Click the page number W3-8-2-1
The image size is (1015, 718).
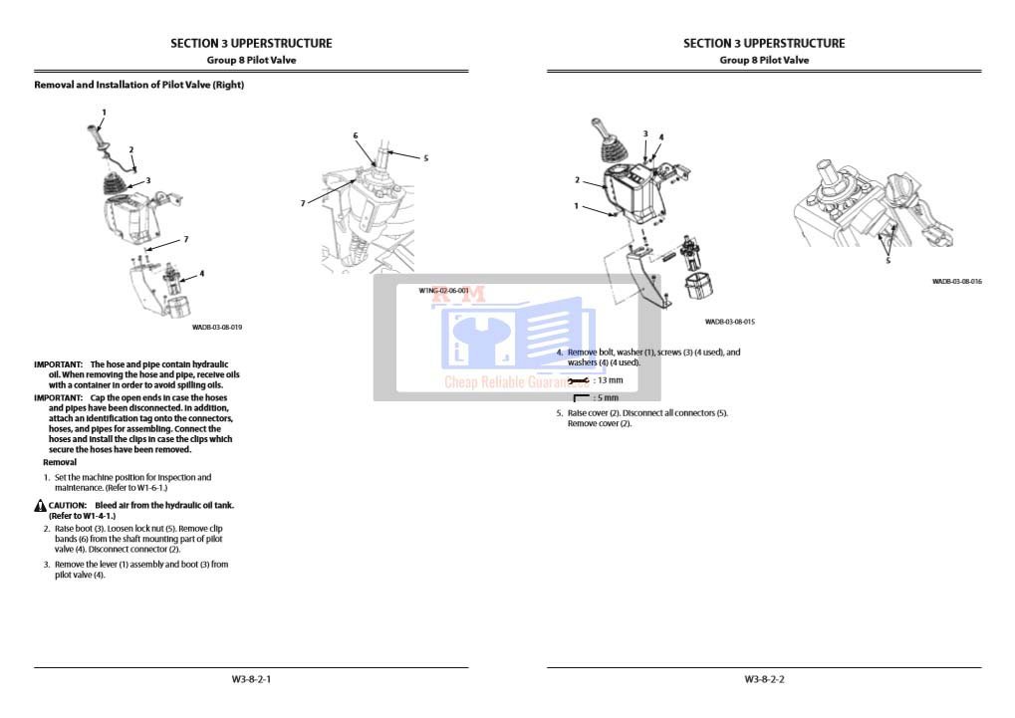(x=251, y=679)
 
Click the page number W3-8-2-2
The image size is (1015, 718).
(x=764, y=679)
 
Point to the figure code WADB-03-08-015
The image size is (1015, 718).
(x=729, y=322)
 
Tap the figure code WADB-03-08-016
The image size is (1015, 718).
(x=956, y=282)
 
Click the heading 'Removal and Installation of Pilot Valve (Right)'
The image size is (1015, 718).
(x=139, y=85)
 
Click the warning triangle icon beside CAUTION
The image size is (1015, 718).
(x=40, y=506)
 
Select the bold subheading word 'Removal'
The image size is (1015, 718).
(x=60, y=462)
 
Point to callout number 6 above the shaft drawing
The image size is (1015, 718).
(x=355, y=135)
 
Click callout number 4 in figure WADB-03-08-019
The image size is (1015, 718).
(x=202, y=272)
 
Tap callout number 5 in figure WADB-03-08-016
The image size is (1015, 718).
(x=888, y=261)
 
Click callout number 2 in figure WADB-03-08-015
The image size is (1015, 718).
(x=577, y=180)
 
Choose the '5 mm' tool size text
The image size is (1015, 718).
(x=606, y=398)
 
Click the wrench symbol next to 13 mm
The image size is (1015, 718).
(x=577, y=380)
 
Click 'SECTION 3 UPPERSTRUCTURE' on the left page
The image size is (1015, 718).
(x=251, y=43)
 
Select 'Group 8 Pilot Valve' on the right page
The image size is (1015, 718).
(x=764, y=60)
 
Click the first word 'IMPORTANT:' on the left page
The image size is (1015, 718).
(x=58, y=364)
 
